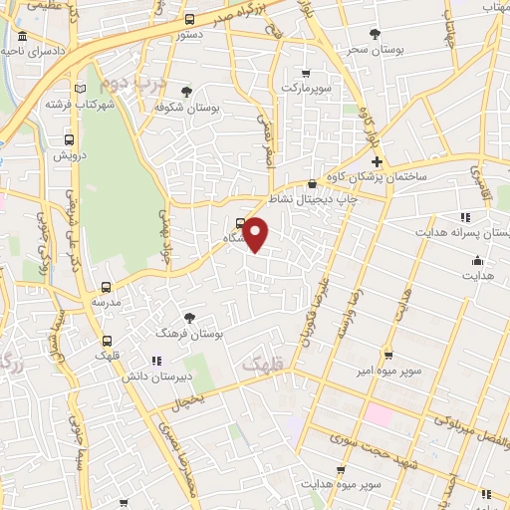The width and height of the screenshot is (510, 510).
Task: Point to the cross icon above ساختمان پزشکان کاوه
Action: pos(377,162)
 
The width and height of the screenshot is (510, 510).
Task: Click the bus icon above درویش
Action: pos(69,140)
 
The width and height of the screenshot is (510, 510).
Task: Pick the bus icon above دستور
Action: pos(190,19)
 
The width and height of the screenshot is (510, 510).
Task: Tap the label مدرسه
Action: pos(106,301)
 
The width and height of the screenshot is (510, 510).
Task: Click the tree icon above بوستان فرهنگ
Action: pos(189,318)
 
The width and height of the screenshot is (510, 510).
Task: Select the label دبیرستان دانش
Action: pos(155,378)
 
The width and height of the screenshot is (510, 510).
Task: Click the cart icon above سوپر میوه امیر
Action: pos(388,355)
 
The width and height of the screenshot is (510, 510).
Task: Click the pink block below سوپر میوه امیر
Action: pos(381,411)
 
